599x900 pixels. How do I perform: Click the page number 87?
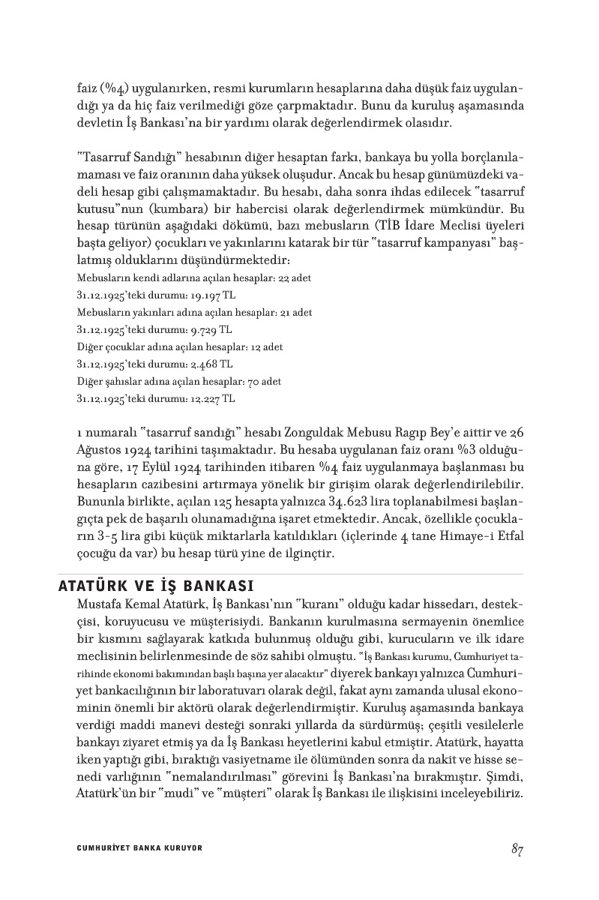pyautogui.click(x=517, y=849)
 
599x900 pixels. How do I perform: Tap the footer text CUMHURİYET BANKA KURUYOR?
pyautogui.click(x=139, y=848)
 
